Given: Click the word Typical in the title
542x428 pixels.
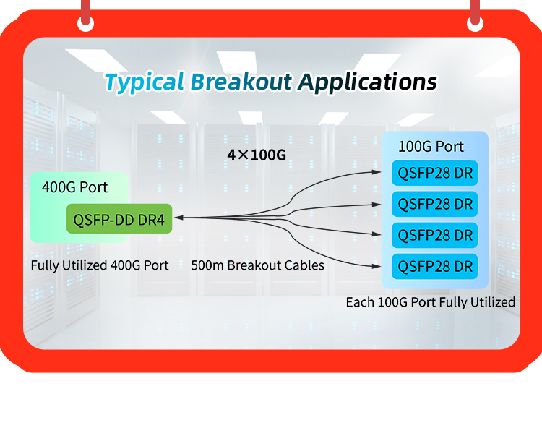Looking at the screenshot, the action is [x=144, y=82].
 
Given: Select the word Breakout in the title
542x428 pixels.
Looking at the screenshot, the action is [x=241, y=82].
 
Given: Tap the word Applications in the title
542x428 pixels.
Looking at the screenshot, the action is [x=368, y=82].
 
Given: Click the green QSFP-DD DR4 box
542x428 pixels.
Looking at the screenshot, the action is [x=119, y=219].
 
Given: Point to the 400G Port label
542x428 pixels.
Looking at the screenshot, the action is [x=74, y=187].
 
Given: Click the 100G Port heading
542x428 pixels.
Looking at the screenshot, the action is [x=431, y=147].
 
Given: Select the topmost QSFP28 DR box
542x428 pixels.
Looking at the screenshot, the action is [x=435, y=173].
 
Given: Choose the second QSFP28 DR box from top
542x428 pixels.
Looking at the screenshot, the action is [x=435, y=204].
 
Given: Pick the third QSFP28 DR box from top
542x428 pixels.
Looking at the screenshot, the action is [x=435, y=235].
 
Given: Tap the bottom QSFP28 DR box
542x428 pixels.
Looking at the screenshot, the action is [x=435, y=266].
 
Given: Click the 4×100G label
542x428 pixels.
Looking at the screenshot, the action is [x=257, y=155].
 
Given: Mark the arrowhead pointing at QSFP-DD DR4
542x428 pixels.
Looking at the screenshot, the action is [x=178, y=218].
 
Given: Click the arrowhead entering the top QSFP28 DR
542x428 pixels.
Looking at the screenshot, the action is [x=377, y=171].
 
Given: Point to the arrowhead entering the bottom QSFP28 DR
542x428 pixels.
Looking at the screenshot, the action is [x=377, y=266].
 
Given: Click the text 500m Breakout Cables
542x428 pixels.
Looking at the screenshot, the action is [x=257, y=265].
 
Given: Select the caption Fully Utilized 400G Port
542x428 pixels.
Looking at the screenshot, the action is [x=100, y=265].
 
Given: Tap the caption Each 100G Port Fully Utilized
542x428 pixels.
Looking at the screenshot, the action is [x=431, y=302].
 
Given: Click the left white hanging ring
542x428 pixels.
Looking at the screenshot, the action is [x=85, y=23].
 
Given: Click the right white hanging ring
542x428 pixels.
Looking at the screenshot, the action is [x=476, y=23].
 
